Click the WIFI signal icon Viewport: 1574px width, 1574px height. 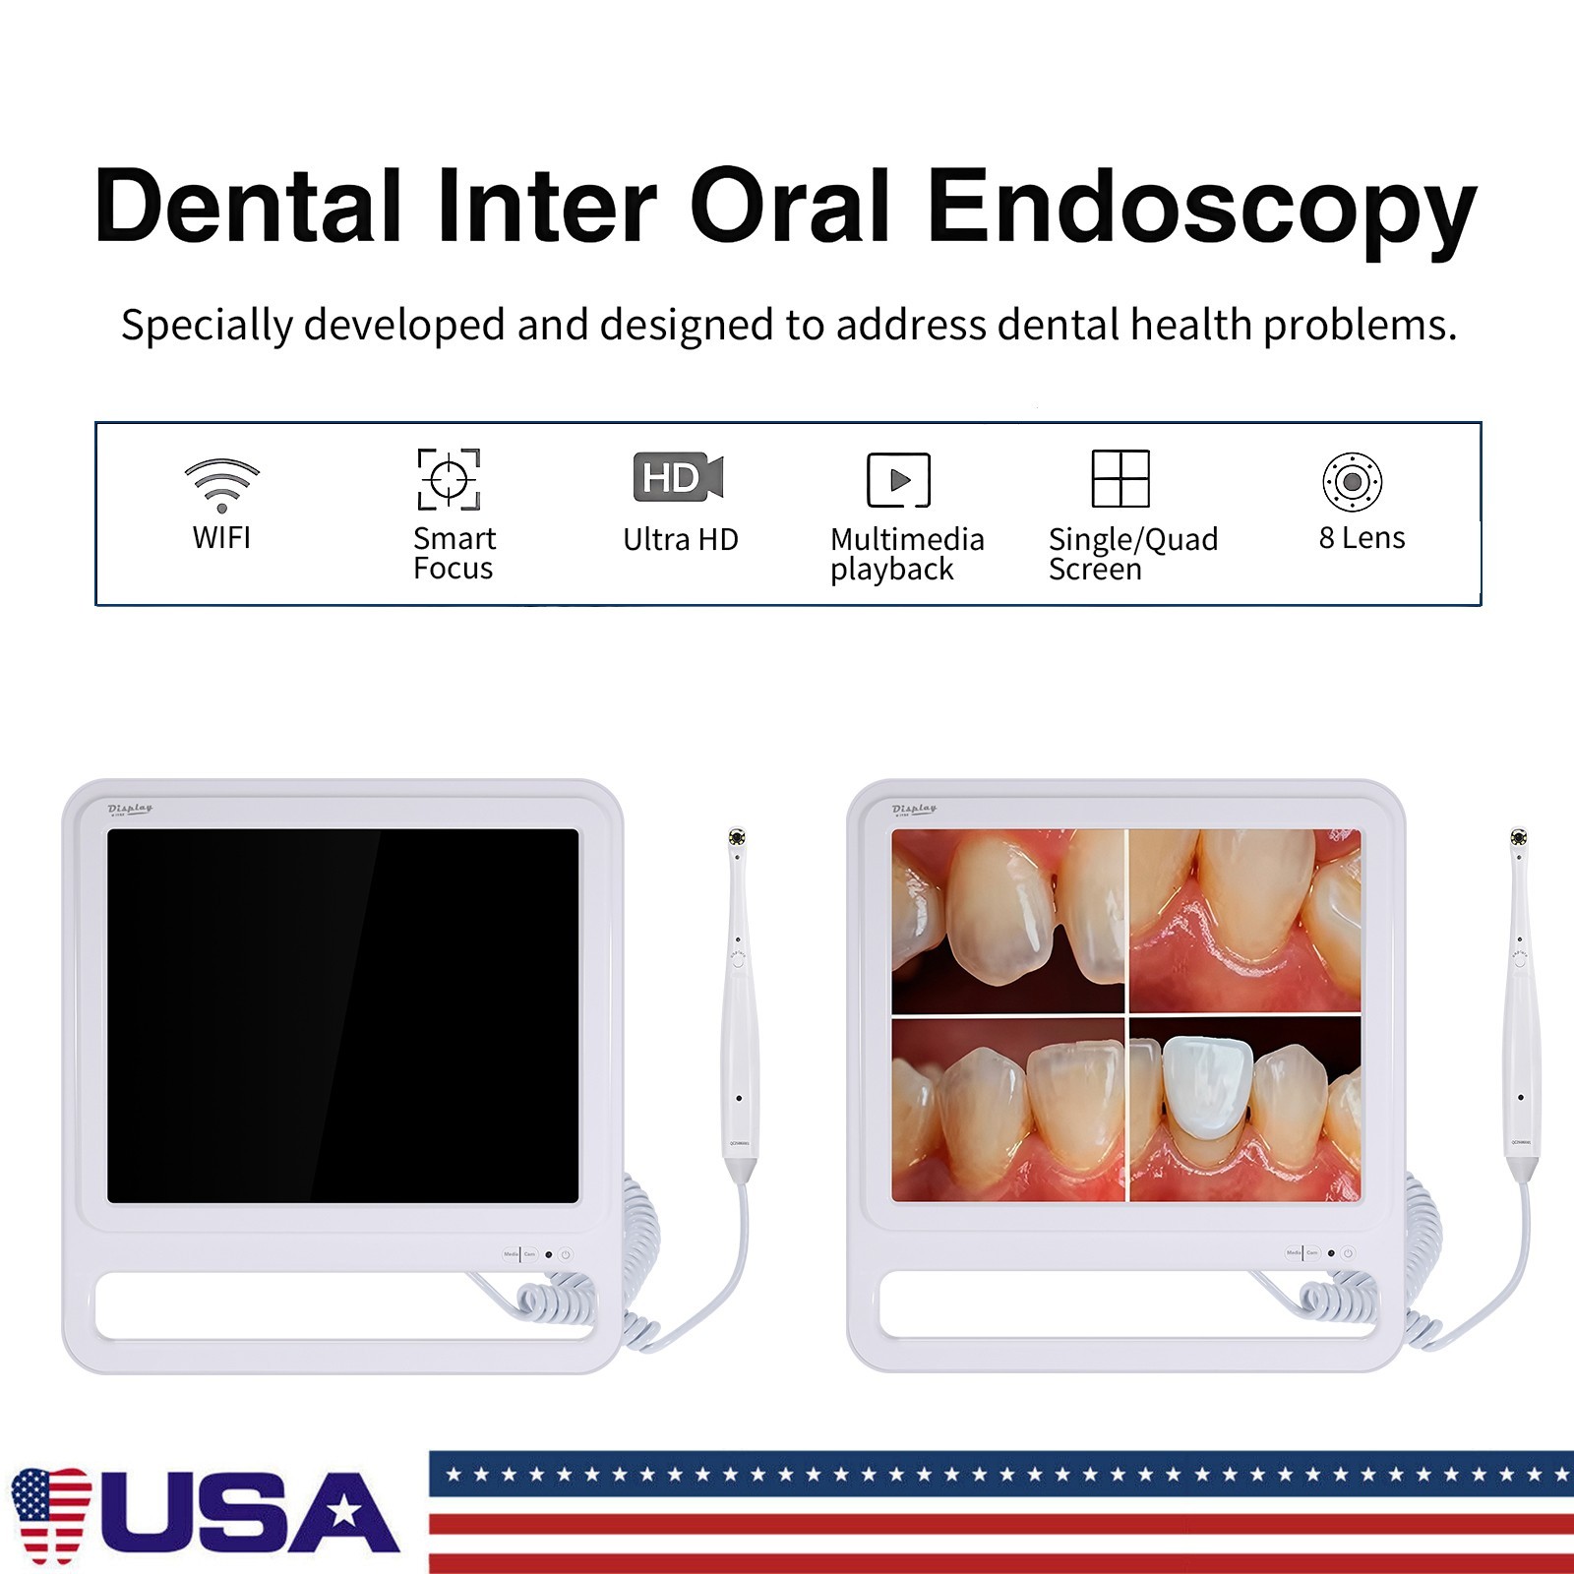tap(222, 484)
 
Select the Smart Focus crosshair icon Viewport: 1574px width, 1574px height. tap(449, 479)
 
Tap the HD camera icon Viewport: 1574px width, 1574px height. tap(678, 477)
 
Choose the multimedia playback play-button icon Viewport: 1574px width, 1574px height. tap(898, 480)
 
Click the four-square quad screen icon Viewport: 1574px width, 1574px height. tap(1120, 478)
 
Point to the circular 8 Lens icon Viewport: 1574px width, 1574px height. tap(1352, 481)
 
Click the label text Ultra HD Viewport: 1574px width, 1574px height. tap(680, 539)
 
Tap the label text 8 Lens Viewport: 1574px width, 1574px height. tap(1362, 538)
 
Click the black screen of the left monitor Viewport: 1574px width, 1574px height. tap(342, 1015)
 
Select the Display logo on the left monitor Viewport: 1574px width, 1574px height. tap(130, 809)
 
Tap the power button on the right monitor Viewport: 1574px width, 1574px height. tap(1348, 1253)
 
